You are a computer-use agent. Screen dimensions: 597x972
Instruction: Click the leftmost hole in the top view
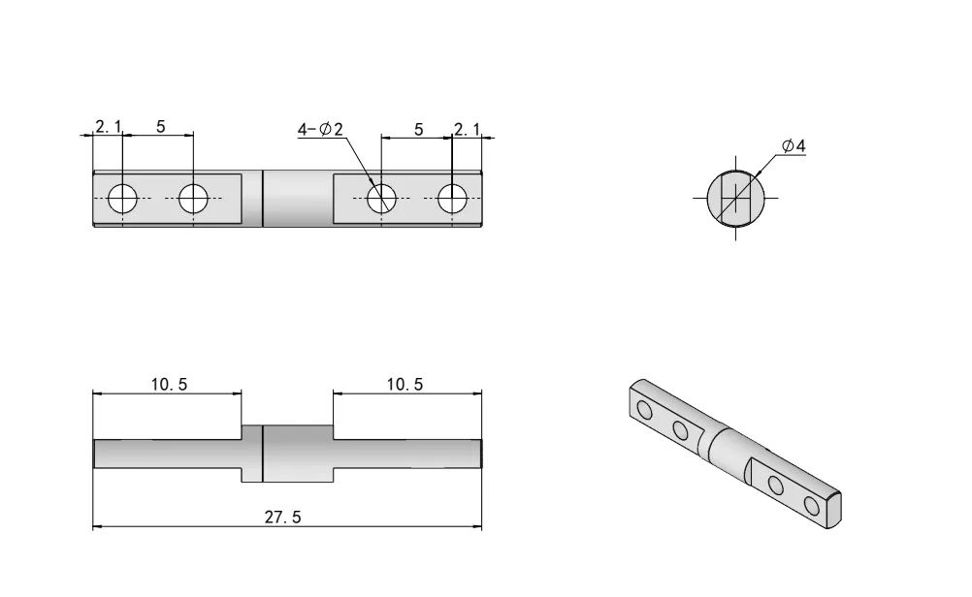click(123, 199)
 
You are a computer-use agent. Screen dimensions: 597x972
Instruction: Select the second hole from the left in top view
click(193, 199)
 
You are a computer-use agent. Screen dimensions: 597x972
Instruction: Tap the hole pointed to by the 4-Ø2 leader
click(381, 199)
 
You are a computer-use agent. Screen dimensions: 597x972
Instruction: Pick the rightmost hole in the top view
click(452, 199)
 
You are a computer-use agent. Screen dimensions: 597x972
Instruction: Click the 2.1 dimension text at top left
click(108, 127)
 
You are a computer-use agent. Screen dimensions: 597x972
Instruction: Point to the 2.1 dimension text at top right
click(468, 129)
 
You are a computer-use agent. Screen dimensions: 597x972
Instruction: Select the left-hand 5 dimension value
click(161, 127)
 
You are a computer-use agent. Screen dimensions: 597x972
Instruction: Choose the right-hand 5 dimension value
click(418, 129)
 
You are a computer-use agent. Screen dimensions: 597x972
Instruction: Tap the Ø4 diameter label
click(794, 146)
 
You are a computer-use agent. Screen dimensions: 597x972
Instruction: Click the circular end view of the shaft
click(735, 198)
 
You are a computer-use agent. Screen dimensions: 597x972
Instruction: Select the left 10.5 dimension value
click(169, 384)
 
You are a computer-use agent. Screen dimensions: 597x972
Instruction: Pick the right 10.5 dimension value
click(405, 384)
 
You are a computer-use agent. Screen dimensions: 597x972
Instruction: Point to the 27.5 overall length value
click(283, 518)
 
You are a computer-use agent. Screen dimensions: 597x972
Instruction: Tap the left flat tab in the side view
click(167, 454)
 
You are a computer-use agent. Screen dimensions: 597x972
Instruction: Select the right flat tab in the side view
click(407, 454)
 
